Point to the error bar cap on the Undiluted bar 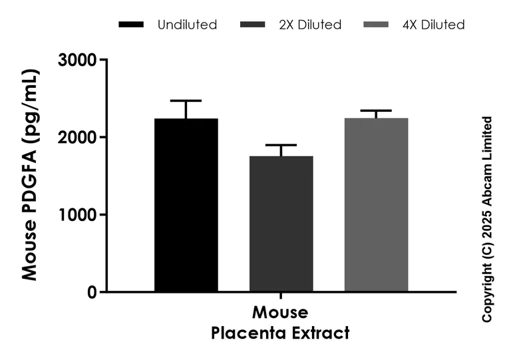[x=186, y=100]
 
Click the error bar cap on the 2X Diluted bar [x=281, y=145]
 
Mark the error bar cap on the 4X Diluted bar [x=376, y=110]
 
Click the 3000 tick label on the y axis [x=79, y=61]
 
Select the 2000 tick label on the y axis [x=79, y=138]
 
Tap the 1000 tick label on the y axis [x=79, y=215]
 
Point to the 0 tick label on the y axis [x=92, y=292]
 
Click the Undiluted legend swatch [x=131, y=25]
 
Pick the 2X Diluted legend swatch [x=256, y=25]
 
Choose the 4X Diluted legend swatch [x=380, y=25]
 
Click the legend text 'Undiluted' [x=187, y=25]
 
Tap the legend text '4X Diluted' [x=433, y=25]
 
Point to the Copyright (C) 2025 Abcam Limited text [x=488, y=220]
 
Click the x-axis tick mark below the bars [x=281, y=296]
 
